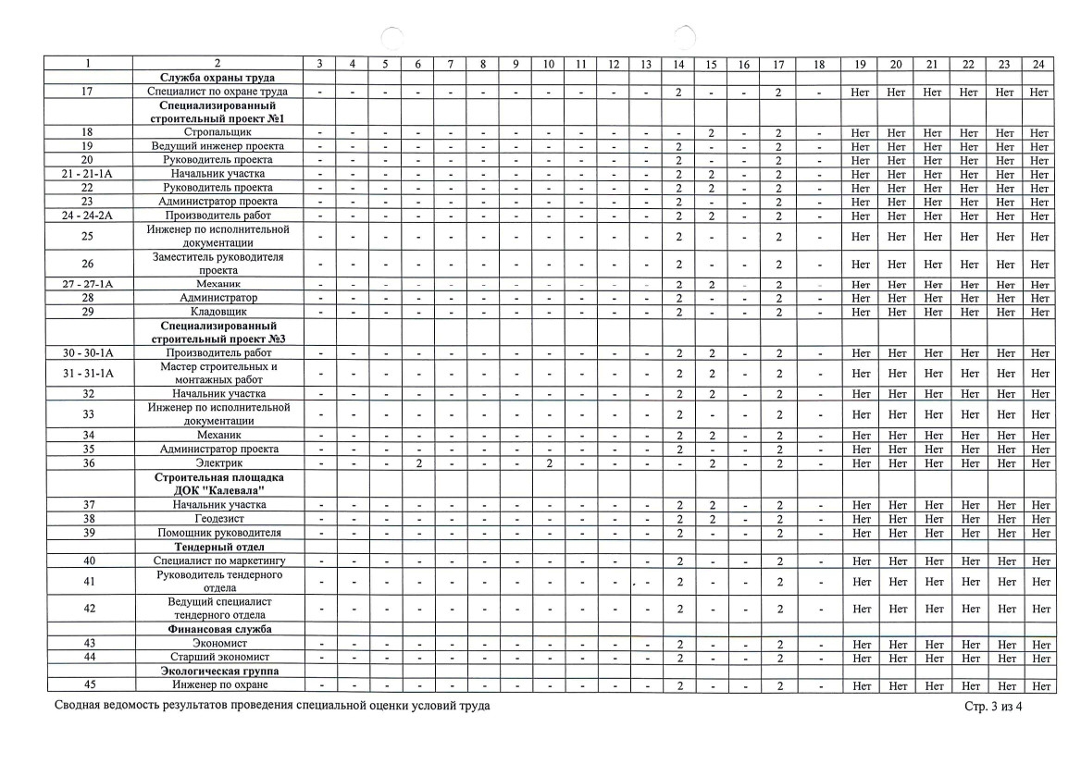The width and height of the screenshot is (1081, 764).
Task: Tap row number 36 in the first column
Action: point(89,462)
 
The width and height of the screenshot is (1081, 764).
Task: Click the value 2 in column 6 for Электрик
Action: point(418,462)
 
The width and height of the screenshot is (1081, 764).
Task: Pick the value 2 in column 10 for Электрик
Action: point(549,462)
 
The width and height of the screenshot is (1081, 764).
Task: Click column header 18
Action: point(818,63)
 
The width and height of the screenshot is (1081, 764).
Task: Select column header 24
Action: point(1038,63)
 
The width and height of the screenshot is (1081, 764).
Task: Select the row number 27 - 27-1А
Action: point(89,284)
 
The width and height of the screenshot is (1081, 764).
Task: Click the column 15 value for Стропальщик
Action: point(711,133)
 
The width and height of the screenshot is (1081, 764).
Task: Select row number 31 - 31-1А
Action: point(89,373)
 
